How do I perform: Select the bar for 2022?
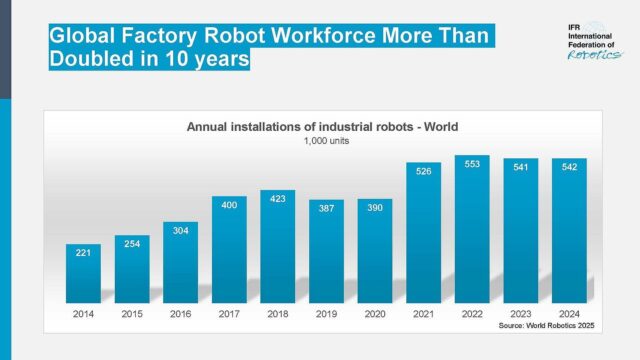472,229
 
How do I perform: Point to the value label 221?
83,253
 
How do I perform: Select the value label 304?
180,230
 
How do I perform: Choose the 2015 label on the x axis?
132,313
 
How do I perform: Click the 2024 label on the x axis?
569,313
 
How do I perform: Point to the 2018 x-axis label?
278,313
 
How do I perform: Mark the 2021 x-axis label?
424,313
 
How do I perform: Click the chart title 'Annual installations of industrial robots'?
321,127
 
